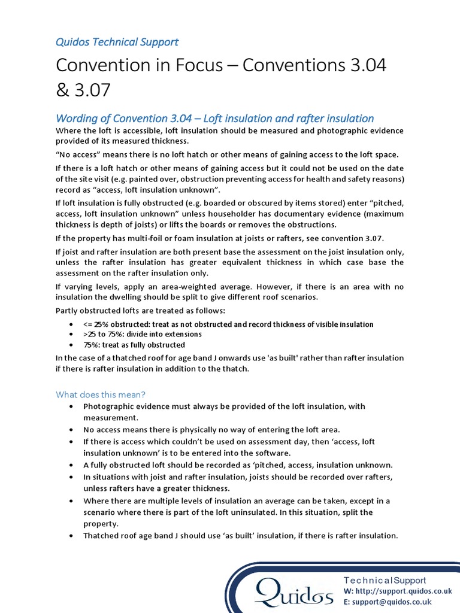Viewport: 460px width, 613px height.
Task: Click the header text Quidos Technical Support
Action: tap(117, 42)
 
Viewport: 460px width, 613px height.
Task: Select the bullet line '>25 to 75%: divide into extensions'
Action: tap(143, 334)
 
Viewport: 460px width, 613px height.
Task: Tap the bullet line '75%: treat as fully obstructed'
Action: tap(134, 345)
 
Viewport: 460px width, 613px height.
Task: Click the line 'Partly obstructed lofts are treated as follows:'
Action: tap(141, 311)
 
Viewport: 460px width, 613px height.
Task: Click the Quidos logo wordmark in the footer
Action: tap(293, 592)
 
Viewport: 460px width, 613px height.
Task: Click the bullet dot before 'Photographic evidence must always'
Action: tap(71, 406)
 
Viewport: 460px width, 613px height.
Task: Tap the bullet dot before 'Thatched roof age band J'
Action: tap(71, 536)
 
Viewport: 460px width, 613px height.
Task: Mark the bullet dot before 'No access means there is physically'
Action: tap(71, 430)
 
